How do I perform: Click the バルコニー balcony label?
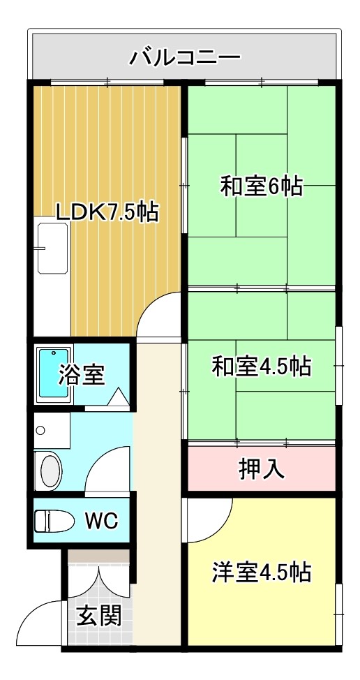click(x=185, y=56)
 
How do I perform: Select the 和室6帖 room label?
click(x=261, y=186)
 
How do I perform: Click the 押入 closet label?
click(x=261, y=468)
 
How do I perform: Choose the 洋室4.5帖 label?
click(x=261, y=572)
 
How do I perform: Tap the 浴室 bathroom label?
click(x=82, y=375)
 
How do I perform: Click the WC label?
click(x=101, y=520)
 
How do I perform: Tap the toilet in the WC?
click(x=55, y=521)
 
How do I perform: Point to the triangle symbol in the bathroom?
click(x=119, y=398)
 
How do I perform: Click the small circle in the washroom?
click(x=41, y=430)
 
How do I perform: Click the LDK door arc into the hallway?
click(x=157, y=314)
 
